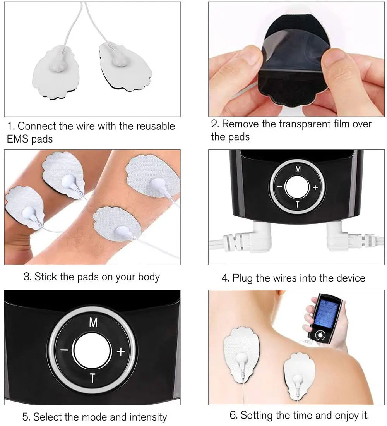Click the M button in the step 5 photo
[93, 323]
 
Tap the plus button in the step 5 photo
[121, 351]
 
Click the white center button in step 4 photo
[297, 187]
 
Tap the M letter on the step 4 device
[298, 169]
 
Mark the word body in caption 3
[149, 277]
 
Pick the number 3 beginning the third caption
[27, 277]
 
